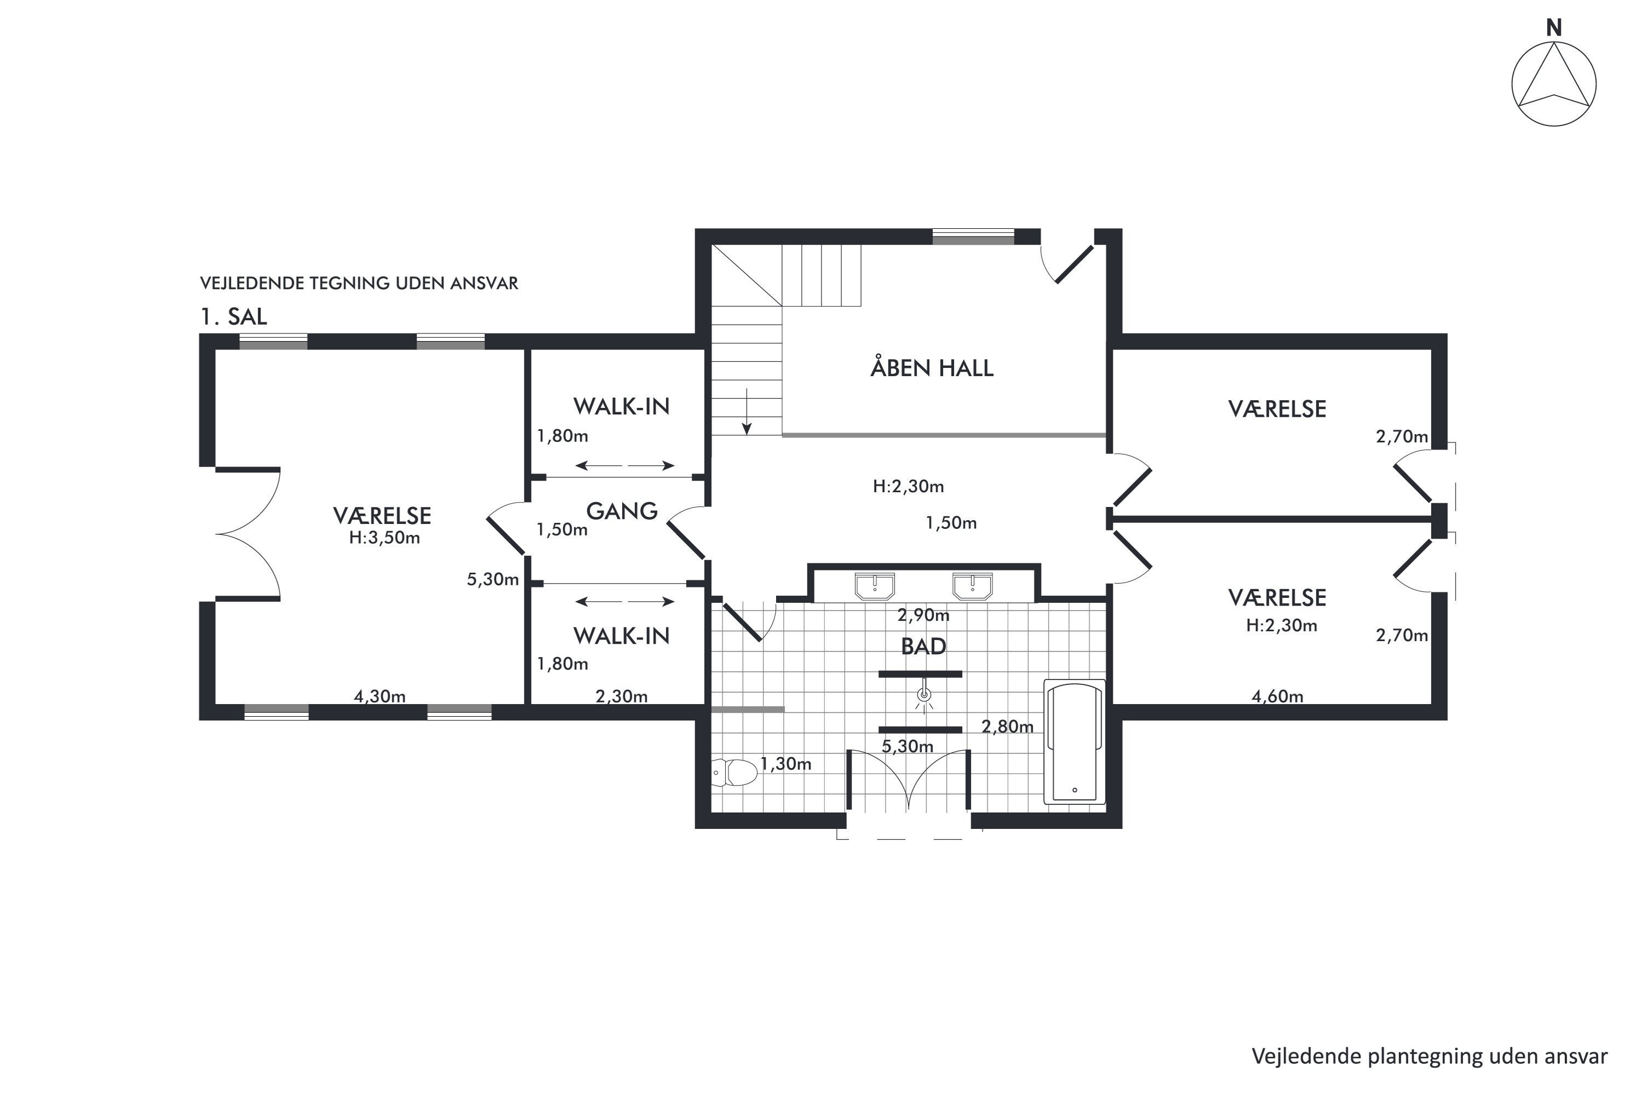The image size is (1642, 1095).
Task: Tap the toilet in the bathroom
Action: point(735,773)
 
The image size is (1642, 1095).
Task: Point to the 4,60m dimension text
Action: point(1277,696)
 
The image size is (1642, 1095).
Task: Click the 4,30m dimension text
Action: point(379,696)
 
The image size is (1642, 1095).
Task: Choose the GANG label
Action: point(621,511)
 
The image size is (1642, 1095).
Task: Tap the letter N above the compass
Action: point(1553,28)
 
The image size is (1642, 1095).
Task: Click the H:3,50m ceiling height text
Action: point(385,538)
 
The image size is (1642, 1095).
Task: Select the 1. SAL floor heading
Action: point(234,316)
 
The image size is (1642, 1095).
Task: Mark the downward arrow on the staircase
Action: point(747,411)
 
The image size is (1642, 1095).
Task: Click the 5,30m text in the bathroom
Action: point(907,747)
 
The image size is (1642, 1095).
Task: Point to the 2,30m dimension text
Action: point(621,696)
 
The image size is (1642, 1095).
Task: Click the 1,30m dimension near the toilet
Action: point(785,764)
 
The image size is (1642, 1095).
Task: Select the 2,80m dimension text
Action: point(1008,727)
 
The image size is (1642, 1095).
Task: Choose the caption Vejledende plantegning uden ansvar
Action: point(1430,1057)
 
